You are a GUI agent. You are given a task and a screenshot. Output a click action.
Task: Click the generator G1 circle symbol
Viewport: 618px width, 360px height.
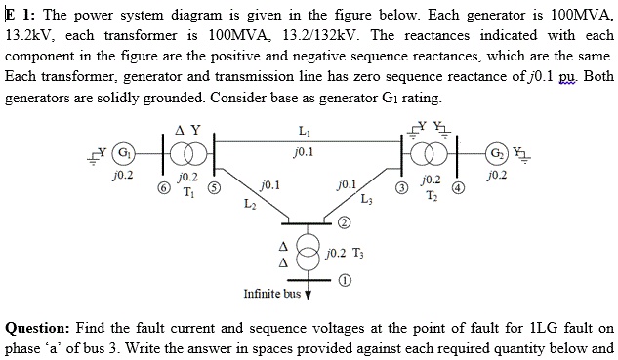pos(124,155)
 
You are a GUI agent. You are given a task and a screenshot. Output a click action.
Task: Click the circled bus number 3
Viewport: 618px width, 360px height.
pos(399,188)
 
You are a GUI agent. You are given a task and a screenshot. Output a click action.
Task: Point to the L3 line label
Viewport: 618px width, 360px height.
pos(366,201)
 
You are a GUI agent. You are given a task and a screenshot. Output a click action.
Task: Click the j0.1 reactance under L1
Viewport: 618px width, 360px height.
pos(308,151)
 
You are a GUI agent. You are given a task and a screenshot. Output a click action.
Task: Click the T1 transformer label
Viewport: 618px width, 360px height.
pos(191,191)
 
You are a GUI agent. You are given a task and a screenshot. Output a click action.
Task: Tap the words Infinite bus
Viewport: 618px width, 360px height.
pos(271,293)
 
